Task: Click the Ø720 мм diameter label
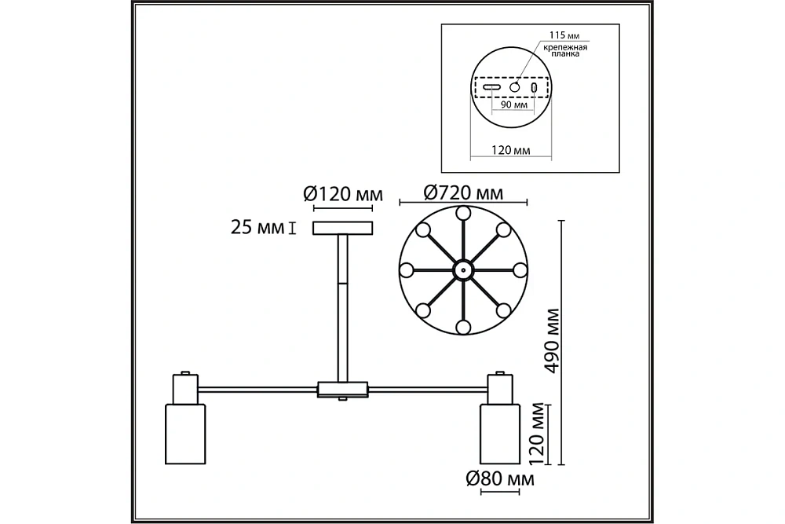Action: click(x=463, y=192)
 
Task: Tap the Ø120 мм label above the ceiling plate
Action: click(x=343, y=193)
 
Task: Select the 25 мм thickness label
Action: click(x=257, y=228)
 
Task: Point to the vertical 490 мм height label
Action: click(x=552, y=341)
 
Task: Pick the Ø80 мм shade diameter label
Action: click(x=500, y=479)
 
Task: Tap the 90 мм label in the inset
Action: click(x=514, y=104)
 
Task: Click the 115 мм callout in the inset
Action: click(x=564, y=35)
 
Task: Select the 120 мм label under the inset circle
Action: click(x=511, y=150)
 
